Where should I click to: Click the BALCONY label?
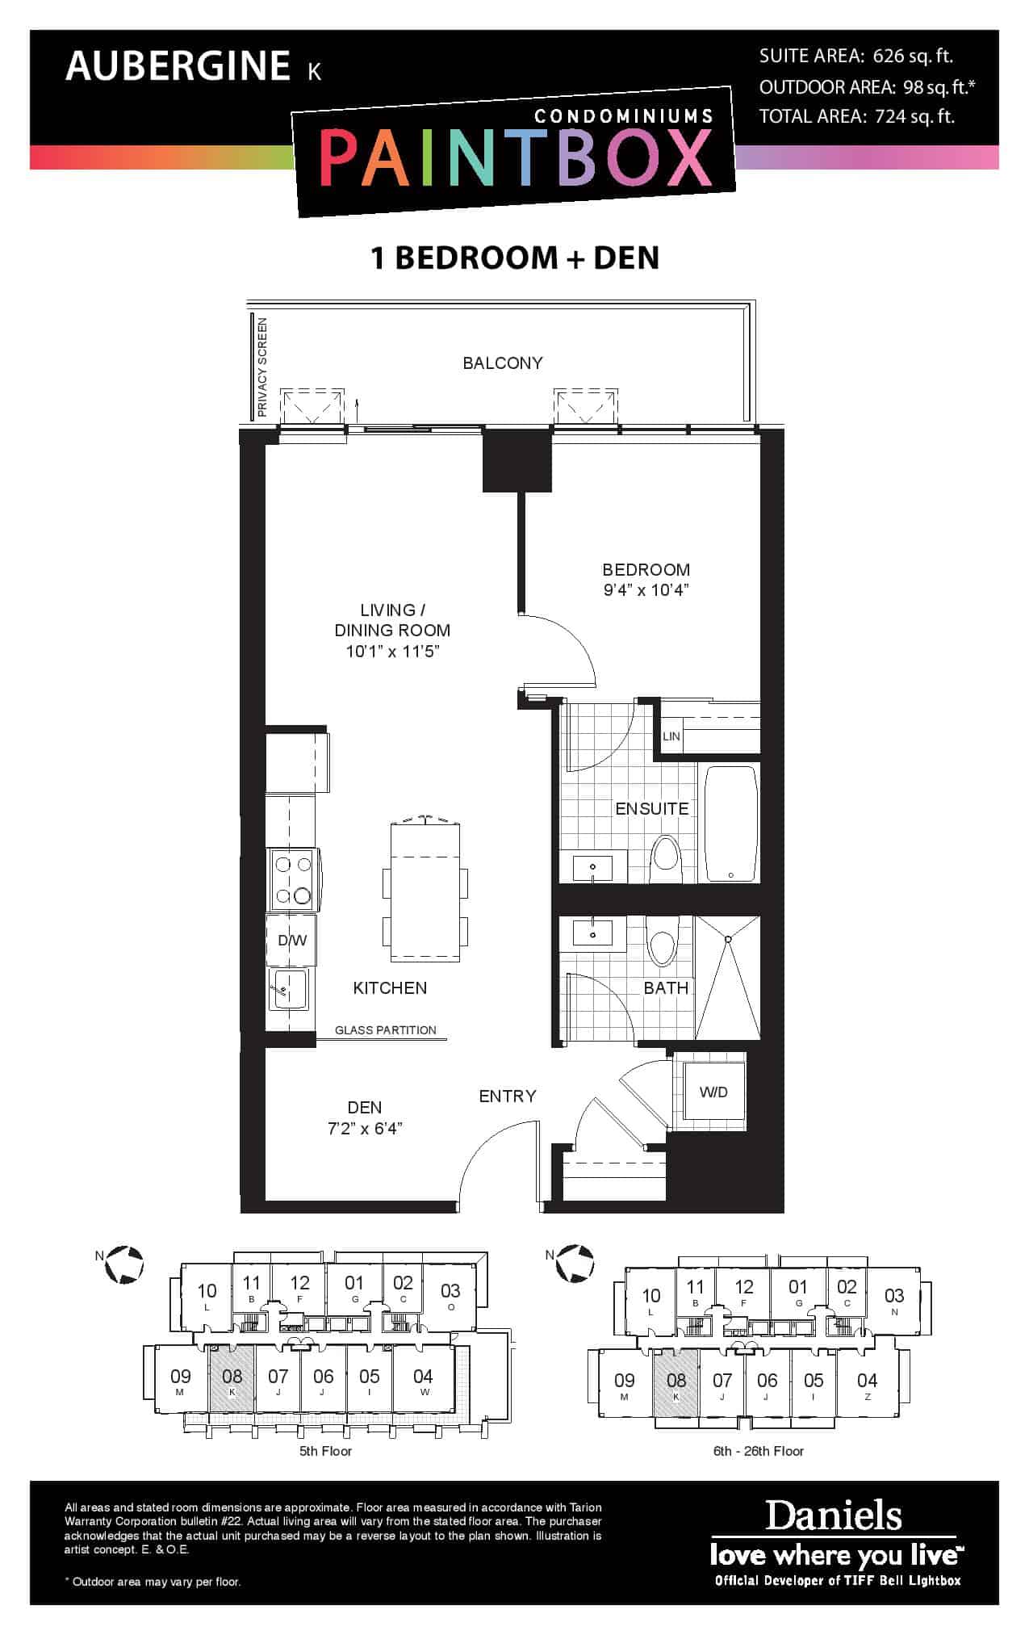[x=502, y=363]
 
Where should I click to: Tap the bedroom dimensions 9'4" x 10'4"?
[x=646, y=590]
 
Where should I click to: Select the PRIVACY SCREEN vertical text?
[x=262, y=367]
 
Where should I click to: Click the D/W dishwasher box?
[x=292, y=940]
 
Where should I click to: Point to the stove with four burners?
[x=293, y=880]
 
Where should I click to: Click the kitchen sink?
[x=288, y=990]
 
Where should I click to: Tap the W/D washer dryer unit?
[x=713, y=1092]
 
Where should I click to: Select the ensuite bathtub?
[x=732, y=824]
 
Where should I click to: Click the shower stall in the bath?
[x=727, y=978]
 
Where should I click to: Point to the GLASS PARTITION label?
[x=386, y=1030]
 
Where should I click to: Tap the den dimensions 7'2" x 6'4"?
[x=365, y=1129]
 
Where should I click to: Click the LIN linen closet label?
[x=671, y=736]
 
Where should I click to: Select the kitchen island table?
[x=425, y=892]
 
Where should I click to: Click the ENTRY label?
[x=508, y=1096]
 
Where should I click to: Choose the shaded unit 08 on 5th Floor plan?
[x=232, y=1381]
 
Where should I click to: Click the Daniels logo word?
[x=833, y=1516]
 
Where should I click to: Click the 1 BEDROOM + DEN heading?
[x=515, y=258]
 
